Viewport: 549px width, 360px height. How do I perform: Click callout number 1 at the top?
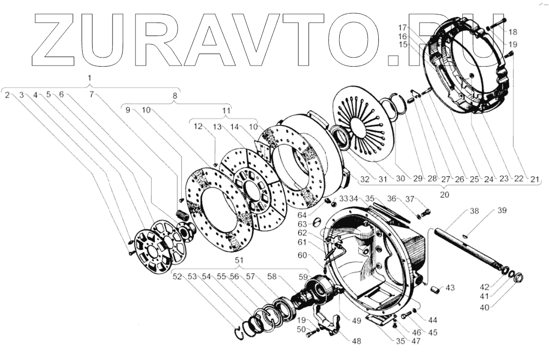click(89, 79)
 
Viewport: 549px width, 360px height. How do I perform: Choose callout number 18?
click(513, 32)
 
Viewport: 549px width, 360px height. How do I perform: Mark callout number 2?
click(8, 94)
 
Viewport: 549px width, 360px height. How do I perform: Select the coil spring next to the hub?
click(183, 216)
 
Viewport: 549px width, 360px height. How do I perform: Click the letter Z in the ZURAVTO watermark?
click(56, 39)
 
